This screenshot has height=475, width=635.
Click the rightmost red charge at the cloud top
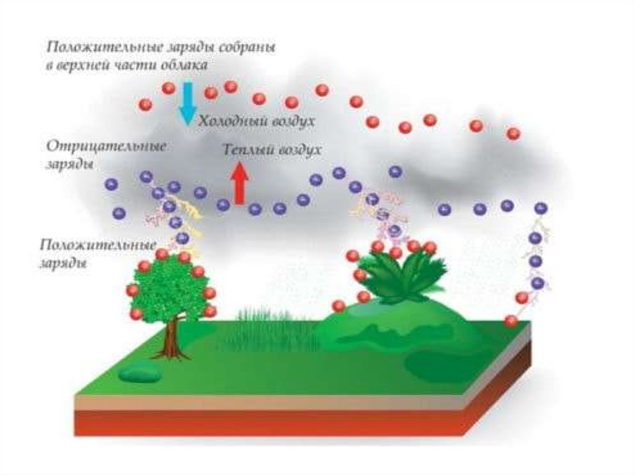[513, 133]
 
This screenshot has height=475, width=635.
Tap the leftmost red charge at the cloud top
[146, 104]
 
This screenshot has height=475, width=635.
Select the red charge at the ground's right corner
[511, 321]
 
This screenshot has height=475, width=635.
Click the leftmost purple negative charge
[112, 184]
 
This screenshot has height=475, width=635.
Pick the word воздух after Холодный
[291, 122]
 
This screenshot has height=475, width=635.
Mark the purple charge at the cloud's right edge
[541, 209]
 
